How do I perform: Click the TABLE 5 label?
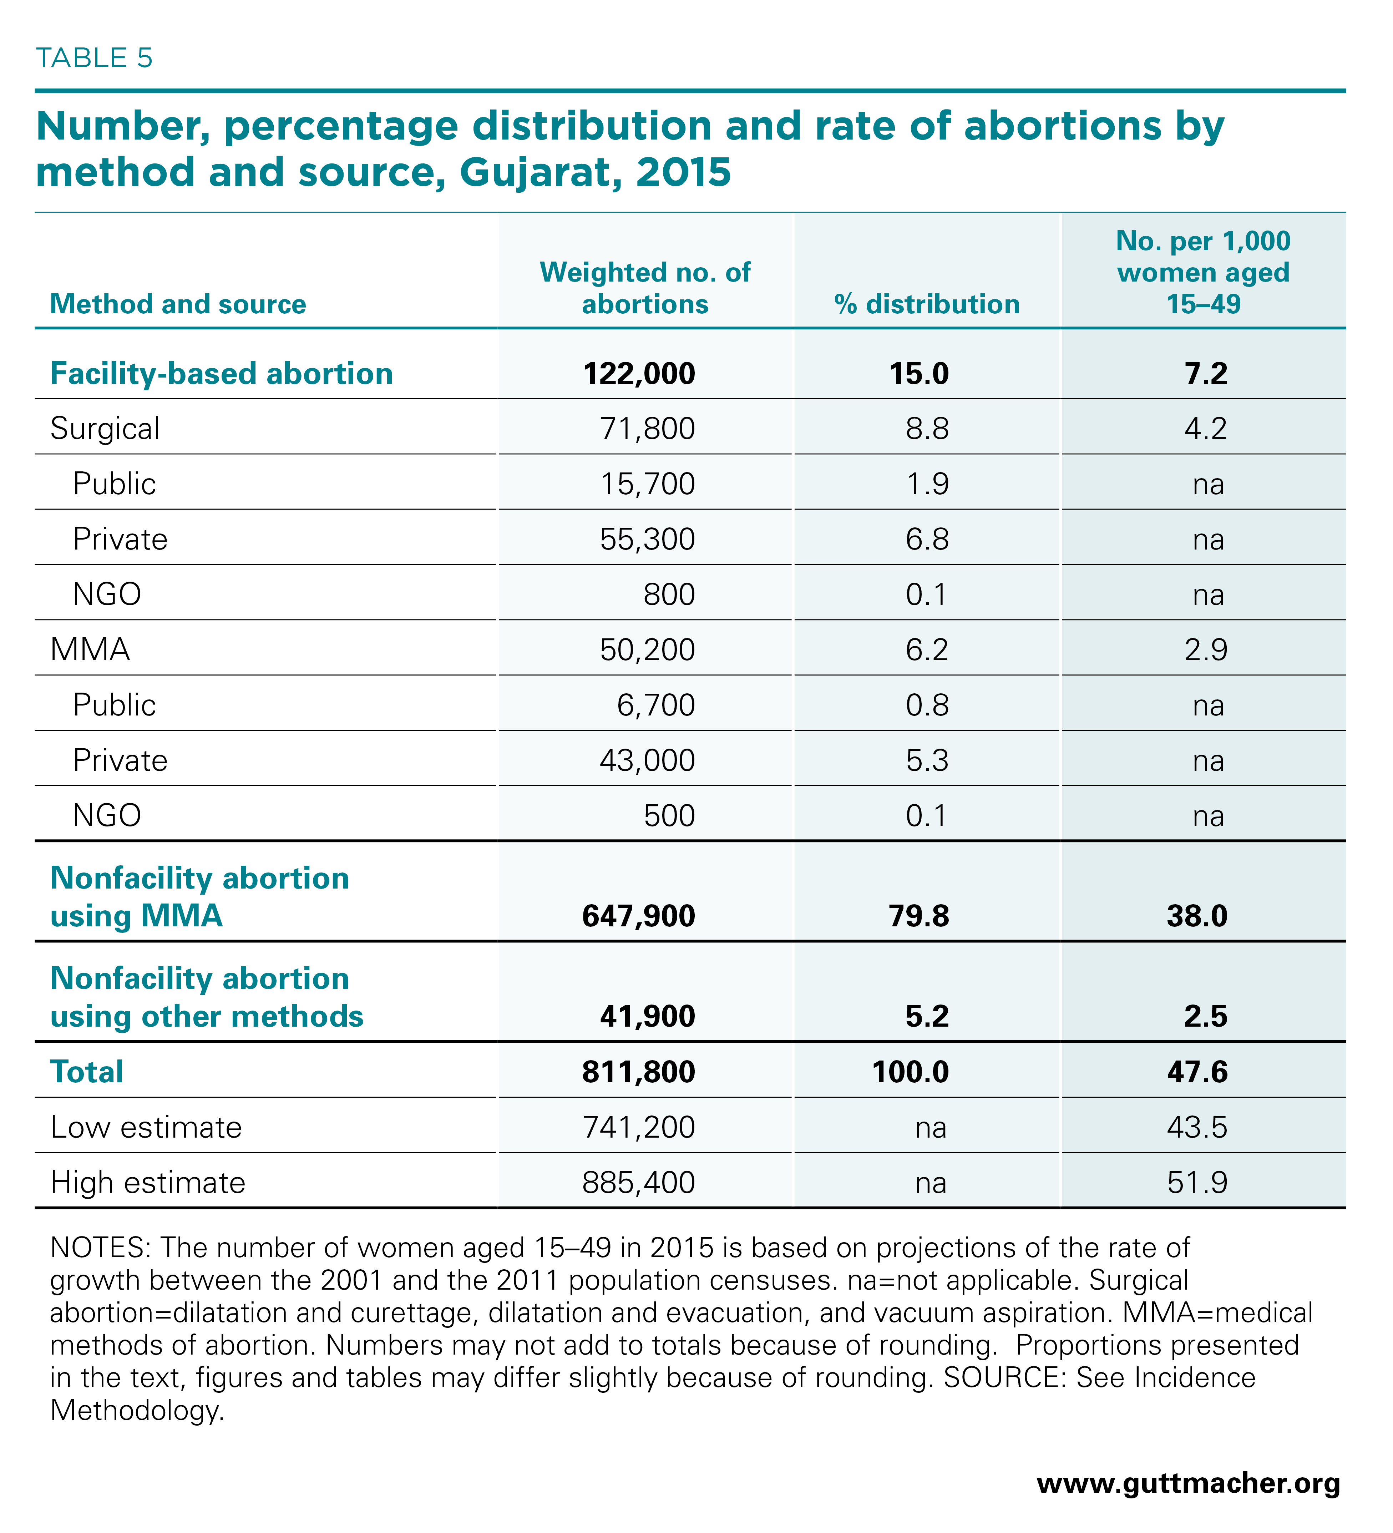pyautogui.click(x=94, y=58)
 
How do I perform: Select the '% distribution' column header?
pyautogui.click(x=927, y=304)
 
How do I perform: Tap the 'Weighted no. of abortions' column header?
pyautogui.click(x=645, y=288)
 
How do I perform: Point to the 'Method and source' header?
pyautogui.click(x=178, y=304)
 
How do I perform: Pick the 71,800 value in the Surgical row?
pyautogui.click(x=647, y=429)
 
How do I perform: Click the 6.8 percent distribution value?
pyautogui.click(x=927, y=539)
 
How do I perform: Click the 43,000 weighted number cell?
pyautogui.click(x=647, y=760)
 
